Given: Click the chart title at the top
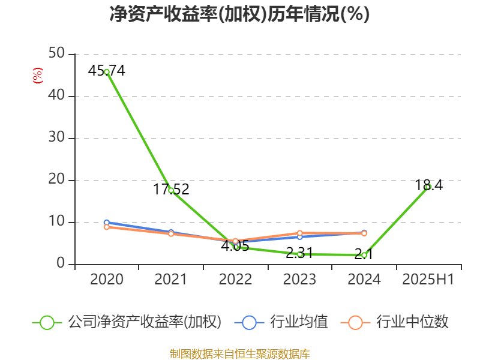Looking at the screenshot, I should (x=239, y=14).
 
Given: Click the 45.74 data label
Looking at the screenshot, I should (x=106, y=70).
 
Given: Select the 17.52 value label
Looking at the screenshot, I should (x=171, y=190).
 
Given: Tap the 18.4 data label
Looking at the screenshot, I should (x=429, y=185).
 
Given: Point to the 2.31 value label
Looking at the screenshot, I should (x=299, y=253).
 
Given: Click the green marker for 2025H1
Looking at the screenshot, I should (x=428, y=187).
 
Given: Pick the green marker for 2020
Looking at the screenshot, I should (x=106, y=72).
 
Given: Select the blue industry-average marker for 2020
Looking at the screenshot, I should (x=106, y=223).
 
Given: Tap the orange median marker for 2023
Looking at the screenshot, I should (x=299, y=233).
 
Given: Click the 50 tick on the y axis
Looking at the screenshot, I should (x=57, y=54).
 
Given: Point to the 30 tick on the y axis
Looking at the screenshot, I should (x=57, y=138).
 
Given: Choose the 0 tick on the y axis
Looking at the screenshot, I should (x=61, y=264).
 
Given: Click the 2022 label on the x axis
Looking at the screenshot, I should (x=235, y=279).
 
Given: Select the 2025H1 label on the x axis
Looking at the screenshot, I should (x=428, y=279).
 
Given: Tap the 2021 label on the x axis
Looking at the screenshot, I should (x=171, y=279).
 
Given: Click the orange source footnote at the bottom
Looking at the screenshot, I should (x=239, y=353).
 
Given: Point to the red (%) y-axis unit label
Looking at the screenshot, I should (x=37, y=76).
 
